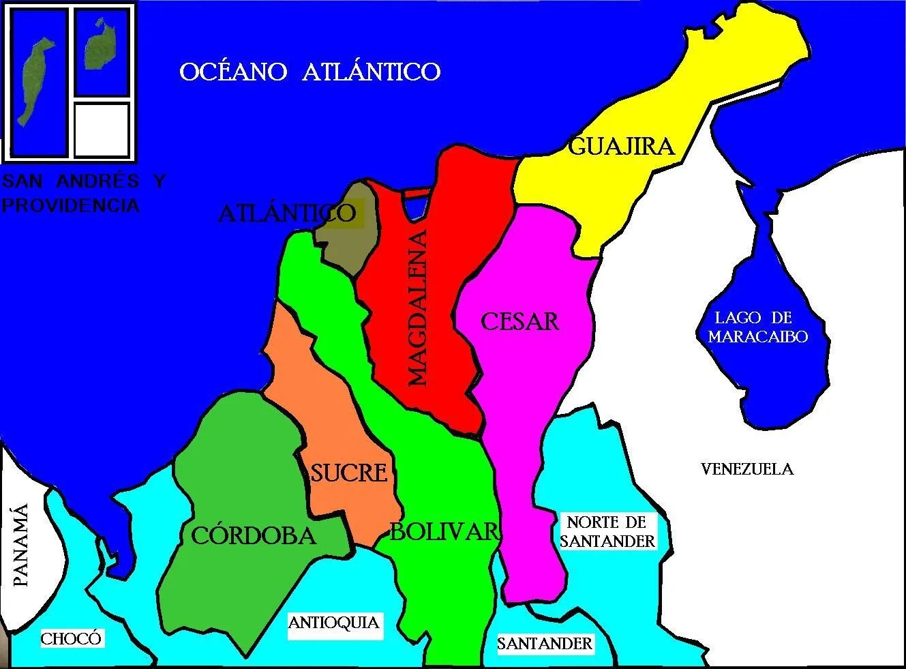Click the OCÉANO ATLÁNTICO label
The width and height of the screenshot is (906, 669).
pos(310,72)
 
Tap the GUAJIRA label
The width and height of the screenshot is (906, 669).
pos(620,146)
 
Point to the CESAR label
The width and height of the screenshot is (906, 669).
pos(520,321)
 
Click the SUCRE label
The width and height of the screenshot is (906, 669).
pos(349,472)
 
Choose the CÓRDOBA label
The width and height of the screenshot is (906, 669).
pos(254,535)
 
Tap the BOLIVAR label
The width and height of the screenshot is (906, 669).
pos(444,531)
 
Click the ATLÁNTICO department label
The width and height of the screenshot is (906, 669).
pos(287,213)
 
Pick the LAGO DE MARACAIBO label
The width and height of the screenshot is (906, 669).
pos(757,327)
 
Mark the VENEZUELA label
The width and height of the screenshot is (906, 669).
pos(747,469)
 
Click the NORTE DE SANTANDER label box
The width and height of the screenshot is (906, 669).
pos(607,532)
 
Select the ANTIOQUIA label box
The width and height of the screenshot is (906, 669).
pos(333,623)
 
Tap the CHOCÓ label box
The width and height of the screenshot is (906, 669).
pos(71,638)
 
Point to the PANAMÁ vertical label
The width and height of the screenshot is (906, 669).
pos(21,546)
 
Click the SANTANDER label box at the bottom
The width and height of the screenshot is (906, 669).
pos(545,643)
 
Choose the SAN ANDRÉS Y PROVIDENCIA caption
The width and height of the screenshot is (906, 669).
pos(83,193)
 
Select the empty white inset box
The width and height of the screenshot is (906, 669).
pos(102,130)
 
